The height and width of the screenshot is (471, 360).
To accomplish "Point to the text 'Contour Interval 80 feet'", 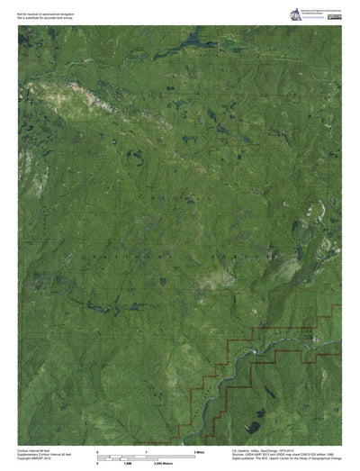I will (x=35, y=448).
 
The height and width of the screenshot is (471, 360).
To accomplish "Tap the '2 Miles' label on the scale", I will (x=199, y=448).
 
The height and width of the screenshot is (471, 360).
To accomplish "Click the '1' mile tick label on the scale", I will (x=146, y=448).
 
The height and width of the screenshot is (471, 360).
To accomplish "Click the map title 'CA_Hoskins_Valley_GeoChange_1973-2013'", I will (x=270, y=448).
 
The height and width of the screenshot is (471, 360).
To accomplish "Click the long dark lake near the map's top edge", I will (x=193, y=40).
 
